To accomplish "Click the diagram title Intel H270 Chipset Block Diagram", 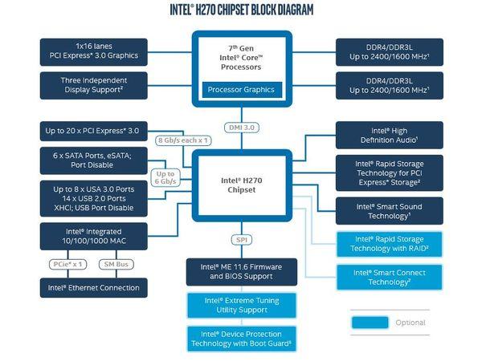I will (x=240, y=10).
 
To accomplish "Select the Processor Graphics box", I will (x=240, y=88).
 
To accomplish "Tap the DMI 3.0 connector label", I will (x=240, y=128).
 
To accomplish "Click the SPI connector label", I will (x=240, y=240).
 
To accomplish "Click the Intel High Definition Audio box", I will (x=389, y=134).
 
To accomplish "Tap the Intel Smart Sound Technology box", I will (x=389, y=211).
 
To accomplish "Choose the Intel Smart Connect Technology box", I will (x=389, y=278).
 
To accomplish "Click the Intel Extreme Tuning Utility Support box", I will (x=240, y=305).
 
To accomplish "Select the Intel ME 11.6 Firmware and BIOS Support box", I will (x=240, y=271).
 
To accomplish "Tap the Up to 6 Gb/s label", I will (x=165, y=178).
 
